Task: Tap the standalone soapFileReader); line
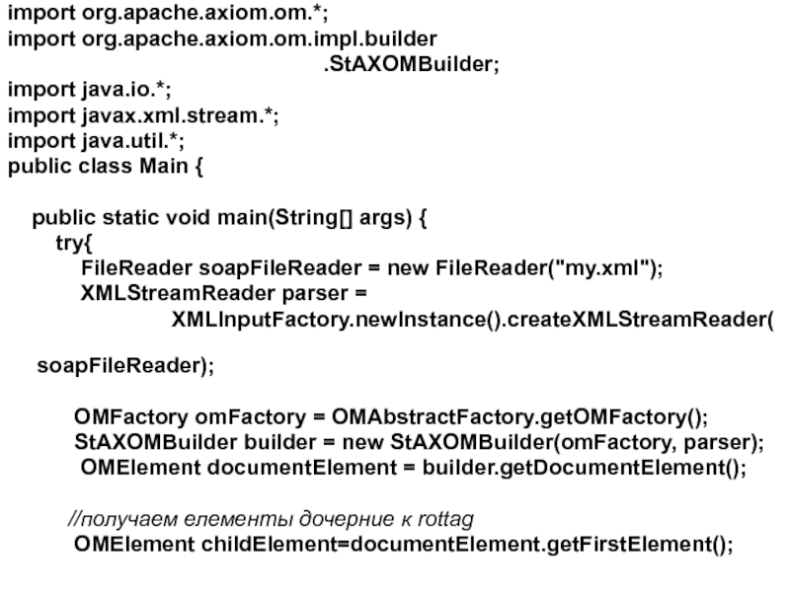pos(124,367)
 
